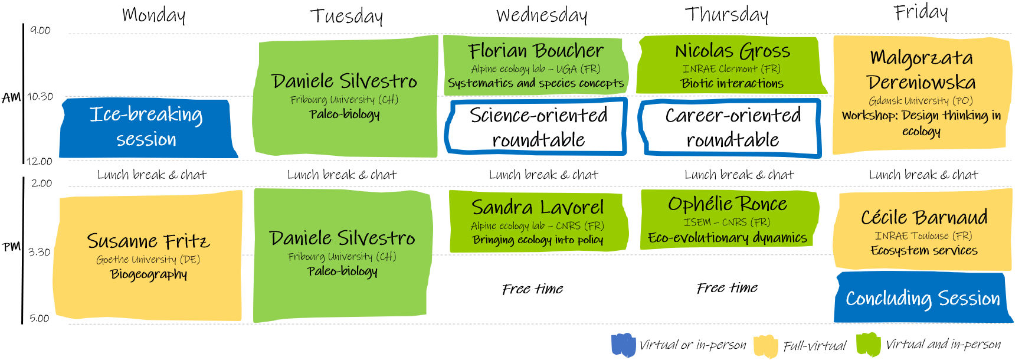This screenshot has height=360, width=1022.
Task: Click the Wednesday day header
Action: [x=542, y=15]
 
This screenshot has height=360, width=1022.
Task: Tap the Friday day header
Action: [x=921, y=12]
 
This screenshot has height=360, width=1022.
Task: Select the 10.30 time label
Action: [x=40, y=96]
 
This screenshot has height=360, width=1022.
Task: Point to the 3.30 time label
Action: [x=39, y=252]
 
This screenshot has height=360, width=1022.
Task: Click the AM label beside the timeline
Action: [x=11, y=97]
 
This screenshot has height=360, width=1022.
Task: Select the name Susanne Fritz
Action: [x=148, y=241]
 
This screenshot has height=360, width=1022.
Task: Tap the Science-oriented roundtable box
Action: [x=536, y=127]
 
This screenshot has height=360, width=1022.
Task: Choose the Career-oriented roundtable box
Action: [x=731, y=128]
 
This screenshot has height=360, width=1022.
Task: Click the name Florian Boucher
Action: [x=536, y=51]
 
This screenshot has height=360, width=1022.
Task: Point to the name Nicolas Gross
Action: [x=732, y=51]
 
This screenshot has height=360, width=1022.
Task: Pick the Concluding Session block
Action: [x=923, y=297]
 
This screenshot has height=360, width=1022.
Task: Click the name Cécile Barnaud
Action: [x=924, y=217]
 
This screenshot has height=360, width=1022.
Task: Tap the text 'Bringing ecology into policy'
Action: [x=538, y=240]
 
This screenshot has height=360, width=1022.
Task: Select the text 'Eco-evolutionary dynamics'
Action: [x=727, y=237]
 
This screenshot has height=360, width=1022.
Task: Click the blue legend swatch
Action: [x=623, y=345]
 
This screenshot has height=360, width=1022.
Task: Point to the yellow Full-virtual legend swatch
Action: [x=766, y=346]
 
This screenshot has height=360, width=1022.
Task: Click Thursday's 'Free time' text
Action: [x=727, y=287]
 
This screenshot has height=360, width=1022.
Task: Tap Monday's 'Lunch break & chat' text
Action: [x=152, y=175]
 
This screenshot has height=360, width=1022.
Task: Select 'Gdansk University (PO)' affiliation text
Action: [x=921, y=100]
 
